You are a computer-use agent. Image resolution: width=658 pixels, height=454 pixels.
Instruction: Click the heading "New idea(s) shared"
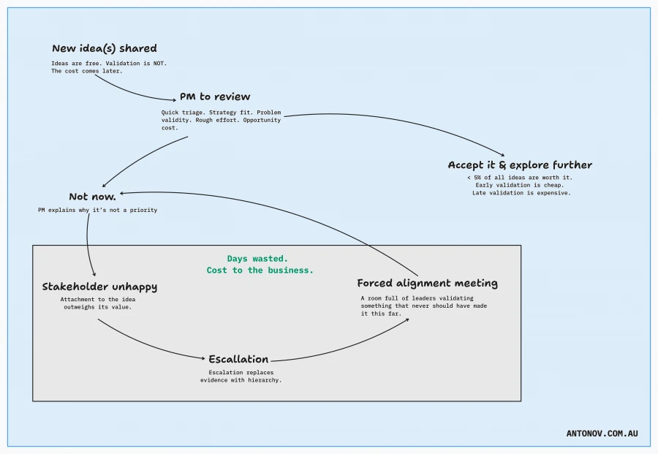(x=104, y=49)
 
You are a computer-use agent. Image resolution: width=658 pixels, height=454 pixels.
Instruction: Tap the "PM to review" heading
(x=215, y=97)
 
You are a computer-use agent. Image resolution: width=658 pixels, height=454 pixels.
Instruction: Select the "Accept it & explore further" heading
(x=520, y=165)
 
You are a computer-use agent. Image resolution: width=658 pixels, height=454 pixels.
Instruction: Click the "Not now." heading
(x=92, y=197)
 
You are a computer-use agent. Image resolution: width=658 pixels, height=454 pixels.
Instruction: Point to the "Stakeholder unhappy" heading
(x=99, y=287)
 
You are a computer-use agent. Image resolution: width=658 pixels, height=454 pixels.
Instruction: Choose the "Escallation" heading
(x=238, y=359)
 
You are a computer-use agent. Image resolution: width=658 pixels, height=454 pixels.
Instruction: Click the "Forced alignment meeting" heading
(x=427, y=283)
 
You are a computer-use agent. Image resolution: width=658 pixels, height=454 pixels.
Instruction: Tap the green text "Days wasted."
(x=257, y=259)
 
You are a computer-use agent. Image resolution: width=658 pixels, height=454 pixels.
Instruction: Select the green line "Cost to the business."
(x=260, y=270)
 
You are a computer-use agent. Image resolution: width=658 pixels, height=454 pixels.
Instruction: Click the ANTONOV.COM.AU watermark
(x=602, y=434)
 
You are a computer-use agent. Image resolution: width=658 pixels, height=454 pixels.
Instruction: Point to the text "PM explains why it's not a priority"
(x=97, y=210)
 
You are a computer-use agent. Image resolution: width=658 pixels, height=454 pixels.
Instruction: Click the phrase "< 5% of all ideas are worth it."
(x=520, y=178)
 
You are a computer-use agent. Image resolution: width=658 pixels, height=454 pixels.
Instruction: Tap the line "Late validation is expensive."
(x=521, y=193)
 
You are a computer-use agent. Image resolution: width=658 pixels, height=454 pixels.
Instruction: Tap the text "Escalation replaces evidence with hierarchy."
(x=241, y=376)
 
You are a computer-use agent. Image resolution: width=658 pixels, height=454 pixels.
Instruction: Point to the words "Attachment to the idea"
(x=98, y=299)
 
